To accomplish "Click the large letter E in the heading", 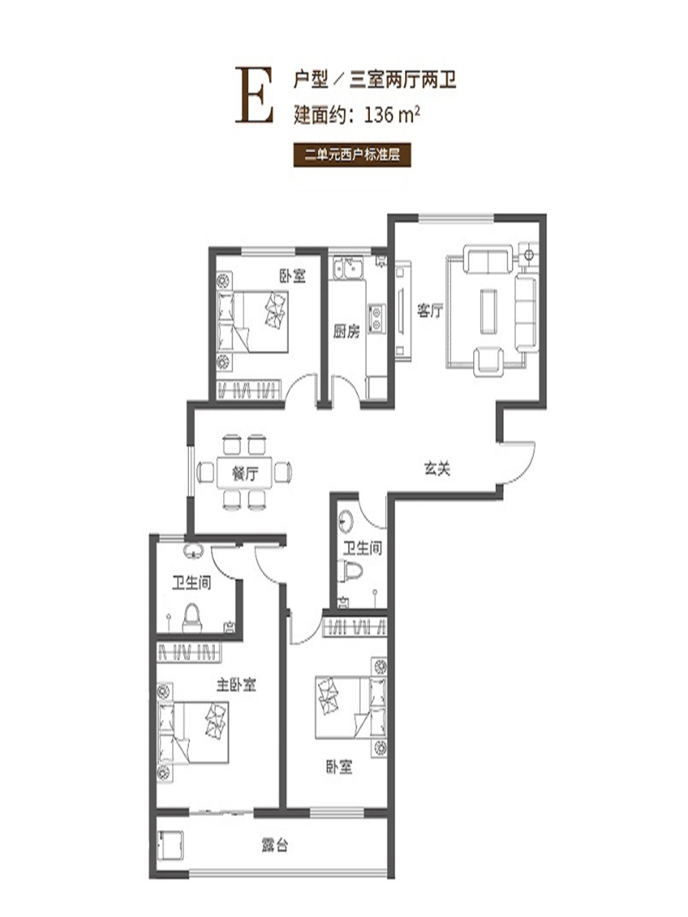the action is point(255,96).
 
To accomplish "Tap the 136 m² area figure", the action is point(392,115).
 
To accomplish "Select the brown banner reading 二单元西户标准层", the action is point(352,155).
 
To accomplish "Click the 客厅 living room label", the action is point(430,311).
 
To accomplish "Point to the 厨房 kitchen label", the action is point(346,332).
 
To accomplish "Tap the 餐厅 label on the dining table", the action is point(245,474).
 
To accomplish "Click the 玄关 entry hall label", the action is point(437,468).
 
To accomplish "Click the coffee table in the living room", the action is point(488,311).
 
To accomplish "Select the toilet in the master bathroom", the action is point(192,618).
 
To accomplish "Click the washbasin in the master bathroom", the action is point(193,552).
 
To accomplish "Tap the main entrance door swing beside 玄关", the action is point(518,463).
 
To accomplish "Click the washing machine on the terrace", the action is point(170,845).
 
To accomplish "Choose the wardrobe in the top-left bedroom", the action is point(248,390).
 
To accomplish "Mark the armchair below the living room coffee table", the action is point(488,361).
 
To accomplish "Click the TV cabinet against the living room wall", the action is point(403,310).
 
